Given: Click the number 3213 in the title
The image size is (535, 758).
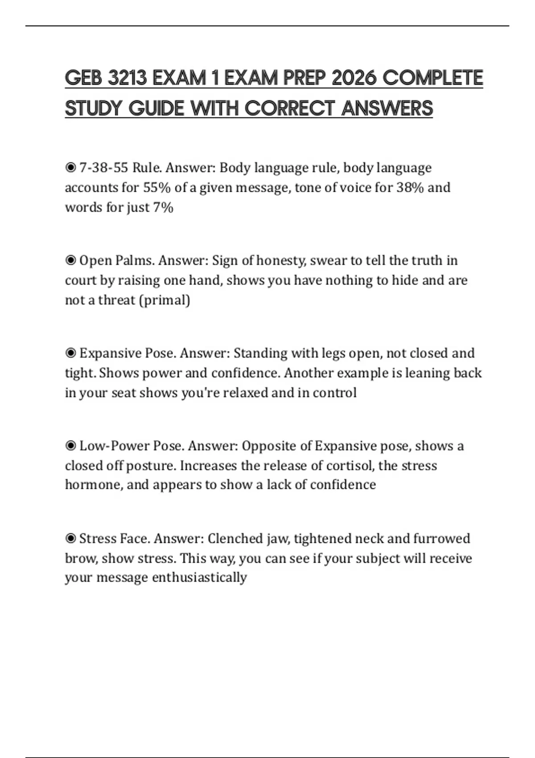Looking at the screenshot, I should [128, 78].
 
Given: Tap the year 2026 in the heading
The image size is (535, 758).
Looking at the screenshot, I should [354, 78].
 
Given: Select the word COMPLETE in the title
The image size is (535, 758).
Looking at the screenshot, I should [433, 78].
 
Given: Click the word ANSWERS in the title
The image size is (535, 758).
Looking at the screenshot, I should [387, 108].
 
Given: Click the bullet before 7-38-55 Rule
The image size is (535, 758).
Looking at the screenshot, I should [70, 168].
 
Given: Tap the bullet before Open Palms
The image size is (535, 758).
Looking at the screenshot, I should [70, 260].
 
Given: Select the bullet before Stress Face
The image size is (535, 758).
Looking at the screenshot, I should [70, 539].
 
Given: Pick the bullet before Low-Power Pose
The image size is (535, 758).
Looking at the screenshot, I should [70, 446].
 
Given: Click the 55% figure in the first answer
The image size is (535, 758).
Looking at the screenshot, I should [157, 187].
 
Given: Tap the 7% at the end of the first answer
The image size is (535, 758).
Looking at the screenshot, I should [163, 207].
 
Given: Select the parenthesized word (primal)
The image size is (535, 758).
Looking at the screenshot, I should [165, 300].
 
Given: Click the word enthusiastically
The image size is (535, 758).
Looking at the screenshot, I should [199, 577].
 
